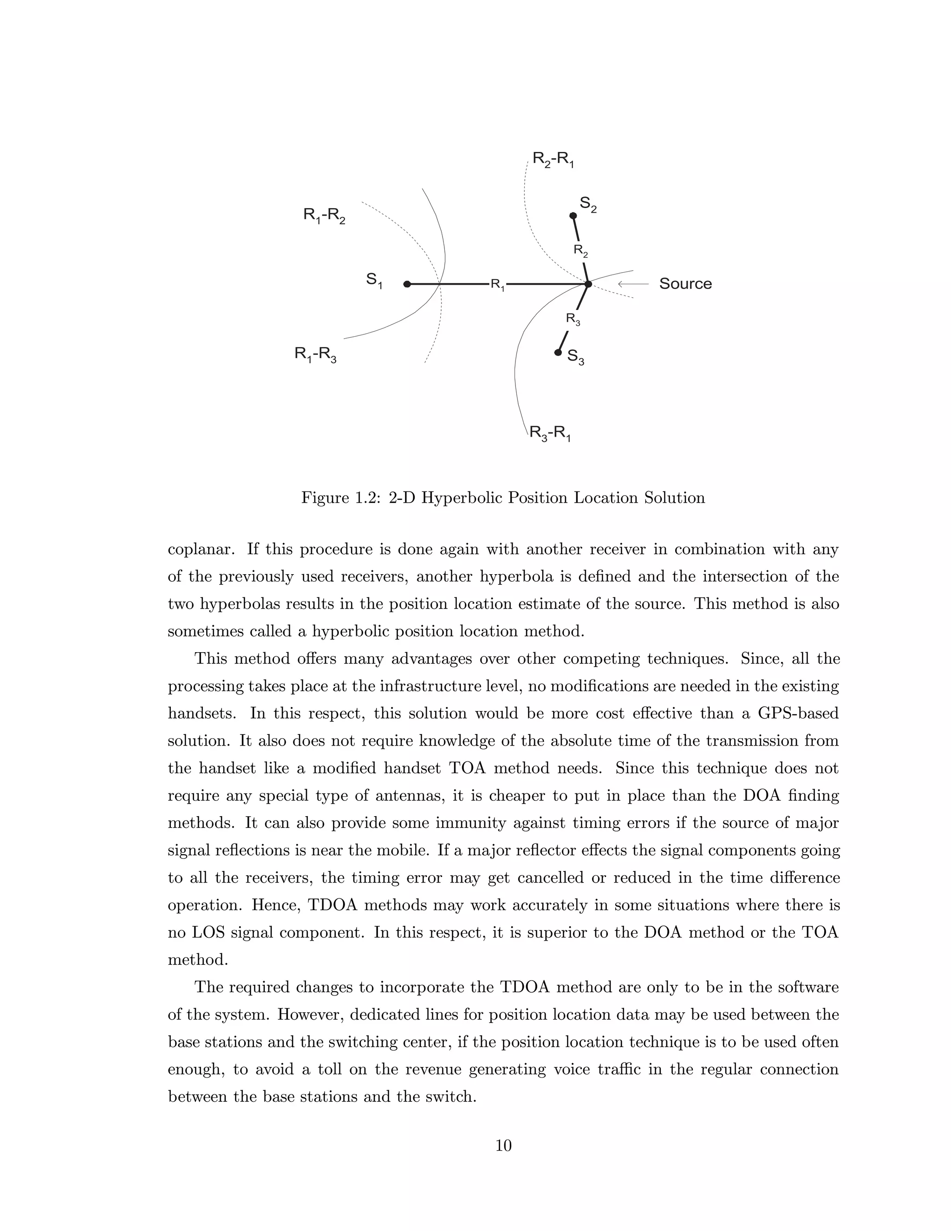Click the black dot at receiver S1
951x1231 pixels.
[x=407, y=284]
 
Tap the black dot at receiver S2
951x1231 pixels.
[x=573, y=216]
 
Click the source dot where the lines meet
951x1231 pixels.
[x=587, y=284]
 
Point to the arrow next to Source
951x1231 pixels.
[x=633, y=284]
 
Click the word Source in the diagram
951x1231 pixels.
[x=685, y=283]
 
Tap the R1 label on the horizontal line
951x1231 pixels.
[x=497, y=285]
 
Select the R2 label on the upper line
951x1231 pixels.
[x=581, y=250]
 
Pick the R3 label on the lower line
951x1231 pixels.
[x=573, y=320]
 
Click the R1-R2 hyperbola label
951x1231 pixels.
[x=324, y=216]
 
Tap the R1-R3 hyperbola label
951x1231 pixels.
[x=315, y=355]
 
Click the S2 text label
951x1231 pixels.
[x=588, y=204]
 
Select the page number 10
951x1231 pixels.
[x=503, y=1146]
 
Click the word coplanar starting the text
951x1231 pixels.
[x=201, y=550]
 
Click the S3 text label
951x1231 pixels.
[x=575, y=357]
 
